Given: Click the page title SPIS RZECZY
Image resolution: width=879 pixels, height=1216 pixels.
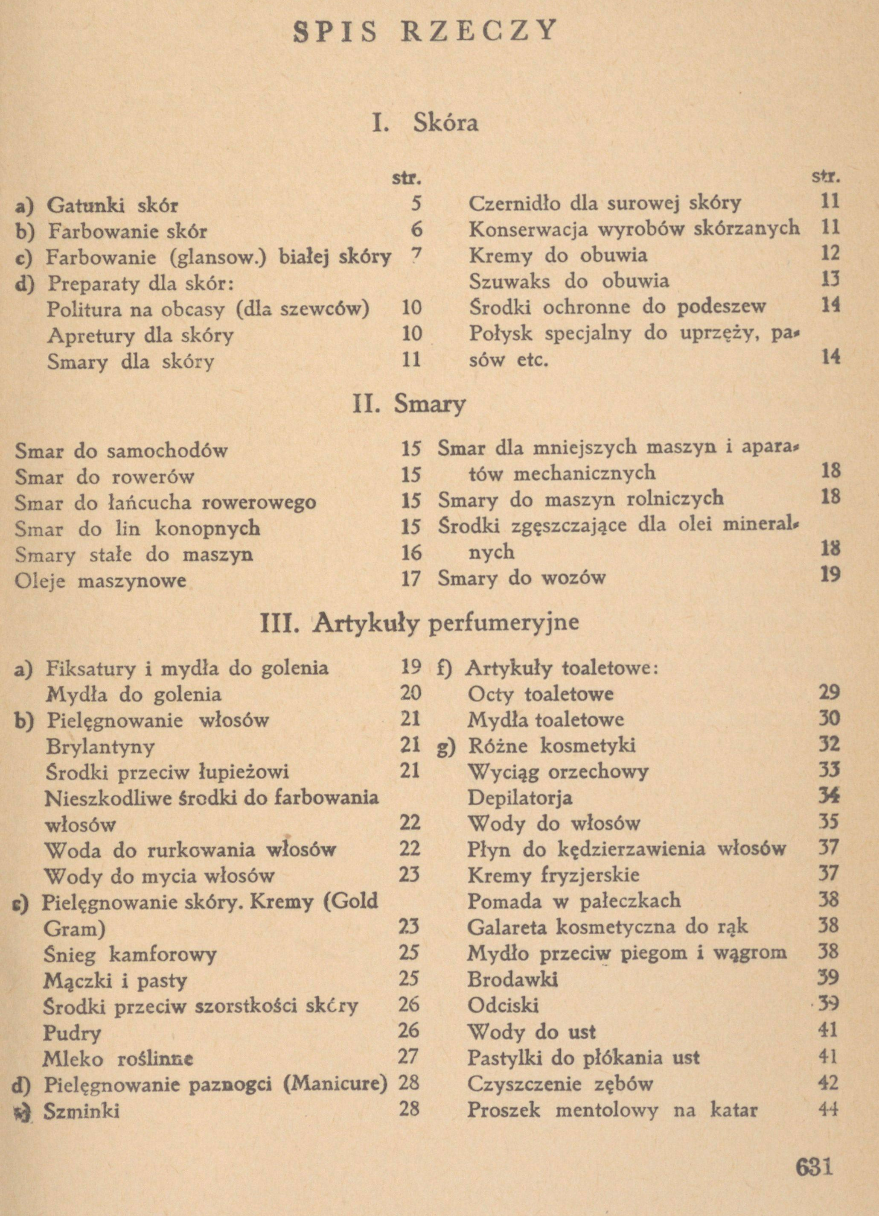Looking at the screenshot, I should pos(426,32).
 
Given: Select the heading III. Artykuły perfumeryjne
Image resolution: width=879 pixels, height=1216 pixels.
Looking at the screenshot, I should pos(420,622).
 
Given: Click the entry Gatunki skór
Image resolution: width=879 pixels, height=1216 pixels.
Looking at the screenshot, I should pos(113,205).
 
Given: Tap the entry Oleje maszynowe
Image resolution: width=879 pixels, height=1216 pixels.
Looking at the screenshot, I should pos(100,581).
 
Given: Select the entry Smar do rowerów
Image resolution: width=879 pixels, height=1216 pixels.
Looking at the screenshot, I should pos(105,476).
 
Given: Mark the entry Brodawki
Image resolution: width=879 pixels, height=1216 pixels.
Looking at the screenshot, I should pos(512,979).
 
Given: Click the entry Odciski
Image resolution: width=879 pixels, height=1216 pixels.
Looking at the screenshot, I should pos(503,1005).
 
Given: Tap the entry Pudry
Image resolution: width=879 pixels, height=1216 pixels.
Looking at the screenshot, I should pos(72,1032).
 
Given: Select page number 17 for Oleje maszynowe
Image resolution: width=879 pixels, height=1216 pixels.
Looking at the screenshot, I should pos(410,579).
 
